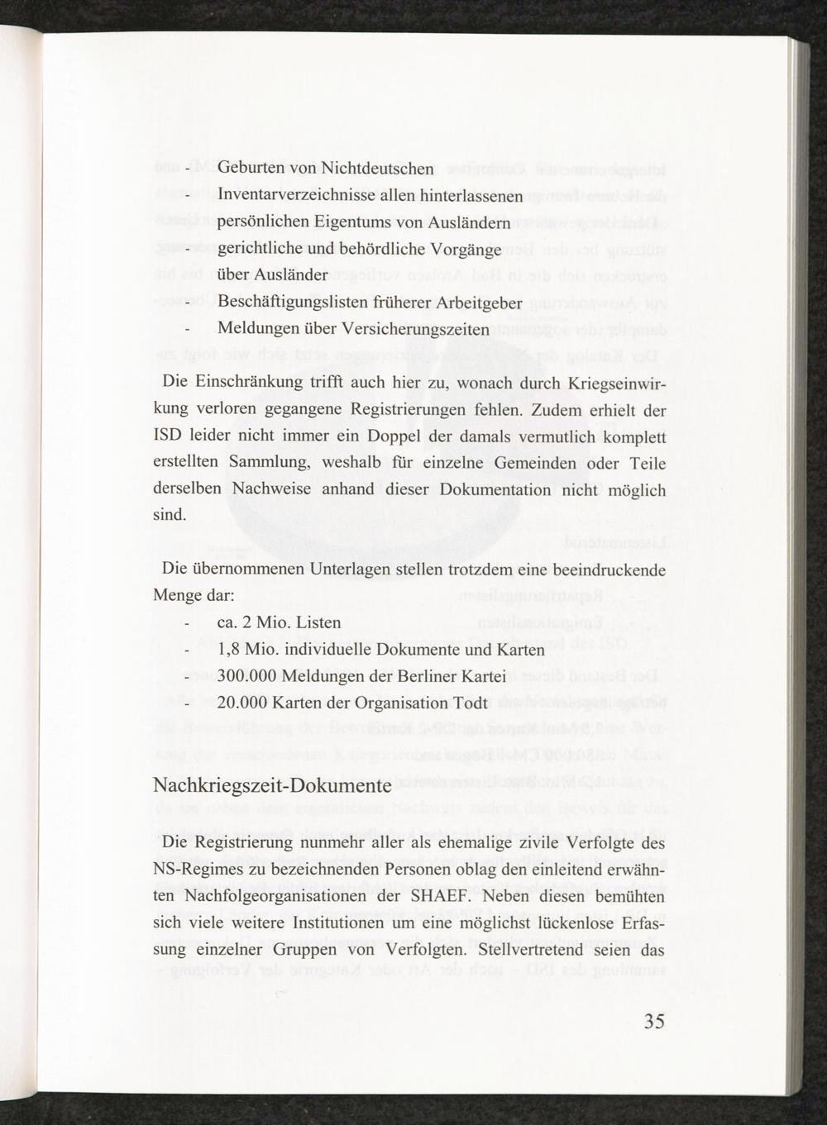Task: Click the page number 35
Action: point(653,1022)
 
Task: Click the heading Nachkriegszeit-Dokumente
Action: point(272,784)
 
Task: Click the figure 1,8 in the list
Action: point(228,650)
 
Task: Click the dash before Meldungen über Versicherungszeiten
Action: point(189,330)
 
